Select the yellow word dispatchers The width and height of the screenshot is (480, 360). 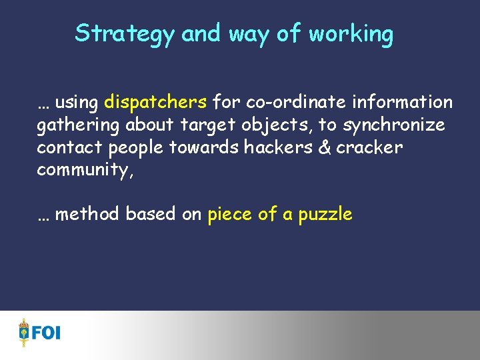155,102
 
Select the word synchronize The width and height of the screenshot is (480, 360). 393,125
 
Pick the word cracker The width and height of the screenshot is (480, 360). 370,147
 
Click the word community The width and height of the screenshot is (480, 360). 85,170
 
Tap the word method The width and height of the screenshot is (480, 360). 87,214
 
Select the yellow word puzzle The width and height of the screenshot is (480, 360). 325,215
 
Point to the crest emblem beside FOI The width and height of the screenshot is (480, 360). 25,332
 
